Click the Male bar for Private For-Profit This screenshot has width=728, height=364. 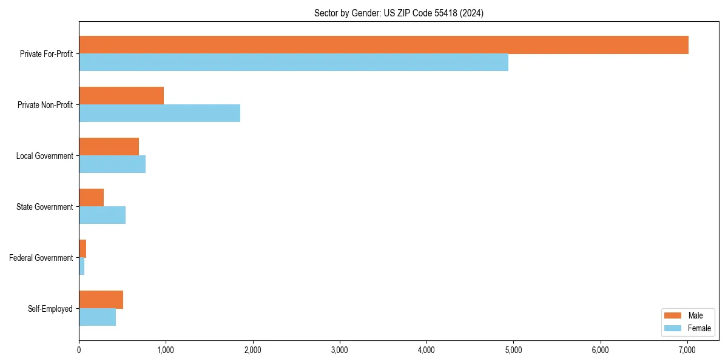pyautogui.click(x=383, y=45)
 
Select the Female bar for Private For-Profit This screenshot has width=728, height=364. pyautogui.click(x=294, y=62)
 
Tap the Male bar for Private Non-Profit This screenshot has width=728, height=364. pyautogui.click(x=121, y=96)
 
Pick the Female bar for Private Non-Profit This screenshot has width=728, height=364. pyautogui.click(x=160, y=113)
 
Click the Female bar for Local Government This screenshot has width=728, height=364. pyautogui.click(x=112, y=164)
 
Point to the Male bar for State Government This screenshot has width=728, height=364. pyautogui.click(x=91, y=198)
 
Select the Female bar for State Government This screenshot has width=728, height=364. pyautogui.click(x=102, y=215)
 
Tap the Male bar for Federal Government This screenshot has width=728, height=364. pyautogui.click(x=83, y=249)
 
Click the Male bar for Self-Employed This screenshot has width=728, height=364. pyautogui.click(x=101, y=300)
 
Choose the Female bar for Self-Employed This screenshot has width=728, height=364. pyautogui.click(x=97, y=317)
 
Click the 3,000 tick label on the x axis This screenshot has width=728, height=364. pyautogui.click(x=340, y=349)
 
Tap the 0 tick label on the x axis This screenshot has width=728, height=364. pyautogui.click(x=79, y=349)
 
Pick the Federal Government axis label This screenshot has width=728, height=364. pyautogui.click(x=41, y=258)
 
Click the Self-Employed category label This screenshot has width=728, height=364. pyautogui.click(x=50, y=309)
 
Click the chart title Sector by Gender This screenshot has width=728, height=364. pyautogui.click(x=399, y=13)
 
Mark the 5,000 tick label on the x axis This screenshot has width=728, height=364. pyautogui.click(x=513, y=349)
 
